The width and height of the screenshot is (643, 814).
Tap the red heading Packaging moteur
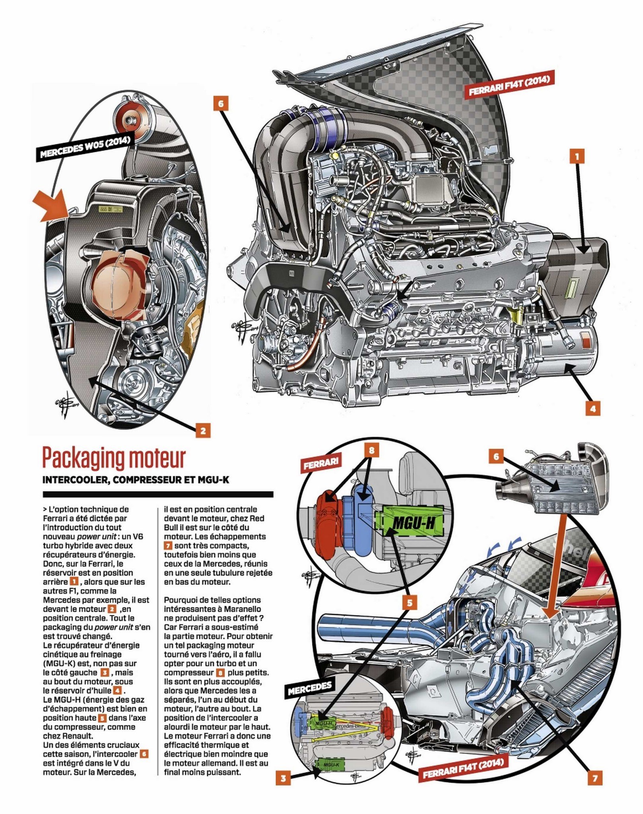click(114, 458)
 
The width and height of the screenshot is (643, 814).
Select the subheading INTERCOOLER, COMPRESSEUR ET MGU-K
click(136, 480)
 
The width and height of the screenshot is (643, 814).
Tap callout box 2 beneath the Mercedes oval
click(203, 431)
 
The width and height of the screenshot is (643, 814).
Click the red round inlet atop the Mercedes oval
click(128, 119)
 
